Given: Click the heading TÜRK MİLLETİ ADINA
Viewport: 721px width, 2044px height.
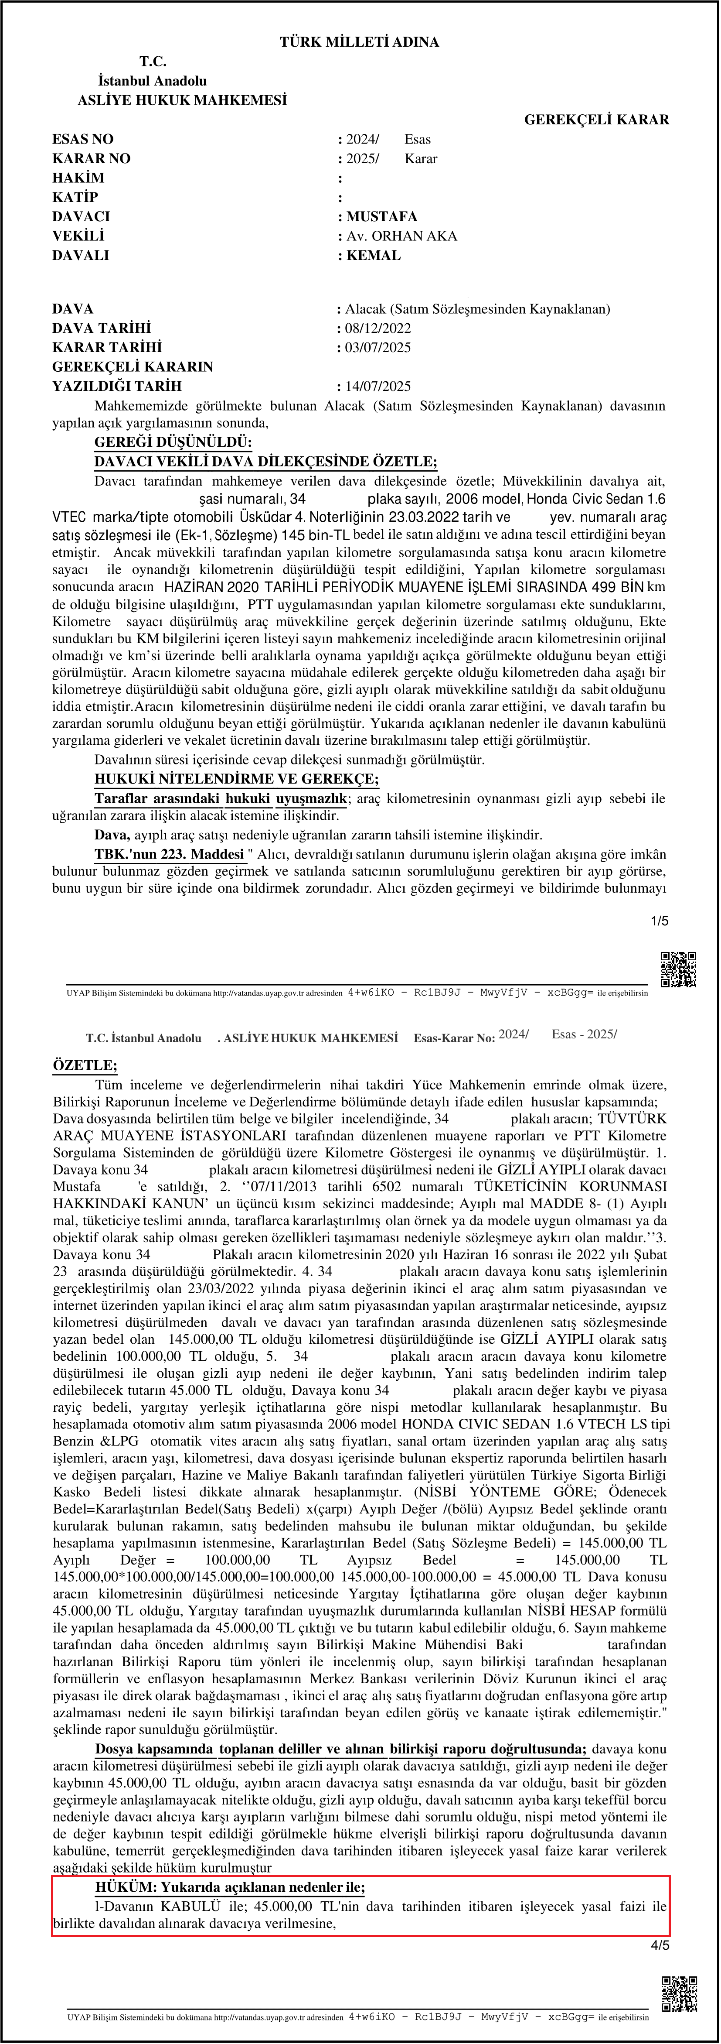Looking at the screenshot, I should [359, 42].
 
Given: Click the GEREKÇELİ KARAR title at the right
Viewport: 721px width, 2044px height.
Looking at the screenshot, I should [596, 120].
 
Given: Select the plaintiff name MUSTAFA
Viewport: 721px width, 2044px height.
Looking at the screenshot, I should [381, 217].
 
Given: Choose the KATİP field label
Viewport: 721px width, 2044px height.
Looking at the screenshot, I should [75, 197].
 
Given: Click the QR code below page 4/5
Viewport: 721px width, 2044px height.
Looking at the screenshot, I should [679, 1993].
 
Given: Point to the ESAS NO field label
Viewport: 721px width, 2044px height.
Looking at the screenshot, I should [82, 139].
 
